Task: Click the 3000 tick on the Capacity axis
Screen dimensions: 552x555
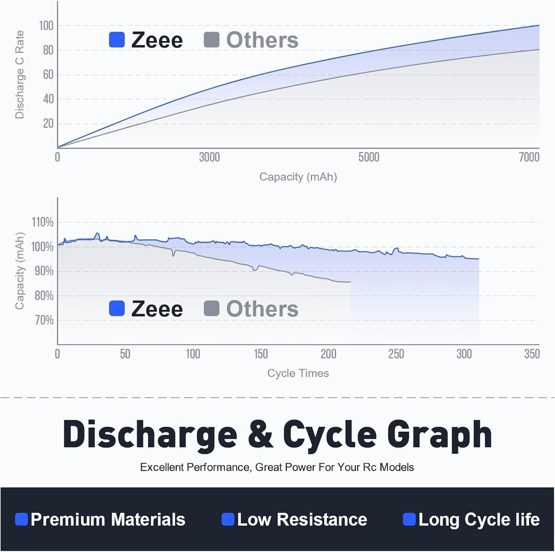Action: [210, 157]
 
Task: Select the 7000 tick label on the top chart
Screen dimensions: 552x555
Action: [529, 157]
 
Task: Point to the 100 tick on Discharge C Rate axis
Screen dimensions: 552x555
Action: [46, 25]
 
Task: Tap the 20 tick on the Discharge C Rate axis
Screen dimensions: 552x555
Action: [48, 124]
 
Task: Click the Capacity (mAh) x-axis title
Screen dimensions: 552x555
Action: [298, 177]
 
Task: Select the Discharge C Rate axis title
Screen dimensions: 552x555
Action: [19, 74]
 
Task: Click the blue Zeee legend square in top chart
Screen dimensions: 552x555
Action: [117, 40]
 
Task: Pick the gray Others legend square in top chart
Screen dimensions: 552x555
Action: [211, 40]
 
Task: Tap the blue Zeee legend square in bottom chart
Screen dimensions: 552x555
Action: [117, 309]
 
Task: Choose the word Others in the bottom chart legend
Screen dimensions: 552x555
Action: [262, 309]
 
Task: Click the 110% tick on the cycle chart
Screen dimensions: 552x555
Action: [43, 223]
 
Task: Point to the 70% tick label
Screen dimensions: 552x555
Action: [44, 320]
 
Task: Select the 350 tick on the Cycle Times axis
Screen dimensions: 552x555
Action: [532, 354]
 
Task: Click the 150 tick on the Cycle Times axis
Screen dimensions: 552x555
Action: [261, 354]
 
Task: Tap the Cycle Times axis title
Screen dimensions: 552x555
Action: [298, 373]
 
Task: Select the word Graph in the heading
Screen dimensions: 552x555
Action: [439, 435]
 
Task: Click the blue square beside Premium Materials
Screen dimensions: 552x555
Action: [21, 520]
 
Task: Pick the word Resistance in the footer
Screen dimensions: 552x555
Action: [322, 520]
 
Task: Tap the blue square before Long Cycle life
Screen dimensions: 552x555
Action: [409, 520]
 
